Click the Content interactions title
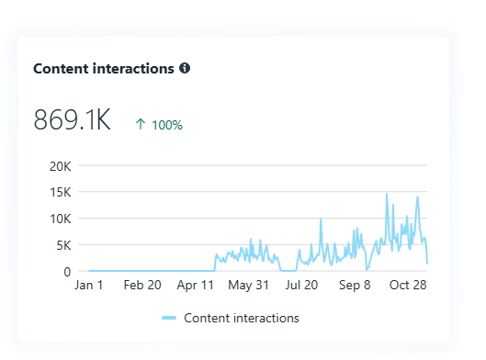104,69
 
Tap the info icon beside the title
185,69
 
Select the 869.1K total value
72,120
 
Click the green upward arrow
141,125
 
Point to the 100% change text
167,125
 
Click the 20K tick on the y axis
60,166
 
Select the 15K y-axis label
60,193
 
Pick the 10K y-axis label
60,219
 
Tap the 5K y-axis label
62,245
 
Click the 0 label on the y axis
67,272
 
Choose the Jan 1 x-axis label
89,287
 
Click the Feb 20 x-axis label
142,287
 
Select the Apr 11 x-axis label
196,287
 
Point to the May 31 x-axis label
249,287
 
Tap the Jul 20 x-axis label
301,287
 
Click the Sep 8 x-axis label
355,287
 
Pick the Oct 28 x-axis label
407,287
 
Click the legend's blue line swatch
168,318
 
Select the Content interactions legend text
242,318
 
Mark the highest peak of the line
387,195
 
